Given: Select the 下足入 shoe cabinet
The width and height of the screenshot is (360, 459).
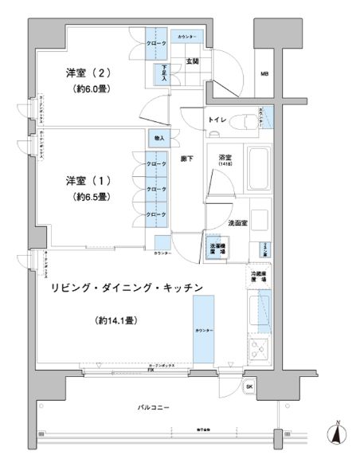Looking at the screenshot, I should tap(166, 73).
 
